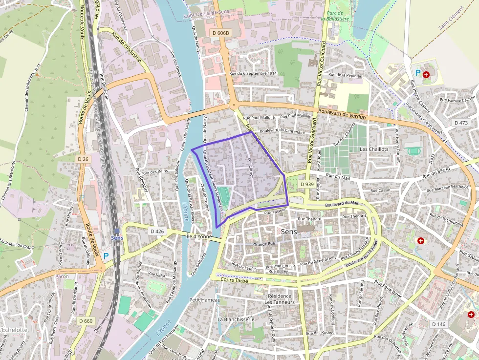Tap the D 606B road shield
click(x=220, y=32)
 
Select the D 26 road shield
click(x=83, y=159)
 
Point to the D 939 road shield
click(x=306, y=184)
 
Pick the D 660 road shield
click(x=85, y=320)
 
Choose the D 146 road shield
click(x=439, y=324)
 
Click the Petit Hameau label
click(x=205, y=299)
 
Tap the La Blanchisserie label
click(x=236, y=319)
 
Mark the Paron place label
click(x=62, y=276)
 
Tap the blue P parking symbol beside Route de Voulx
click(x=106, y=255)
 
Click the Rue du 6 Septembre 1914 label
click(x=253, y=73)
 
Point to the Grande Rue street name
click(x=264, y=244)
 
